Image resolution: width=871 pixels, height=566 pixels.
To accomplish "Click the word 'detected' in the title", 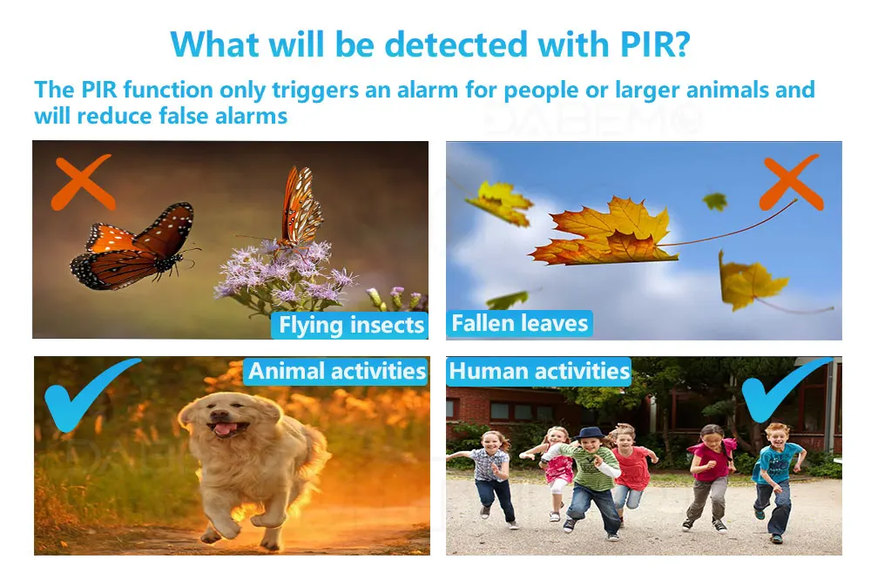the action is (456, 44).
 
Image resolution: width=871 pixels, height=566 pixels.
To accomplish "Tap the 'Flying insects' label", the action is (350, 325).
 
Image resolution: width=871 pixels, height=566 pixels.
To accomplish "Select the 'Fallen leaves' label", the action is (519, 324).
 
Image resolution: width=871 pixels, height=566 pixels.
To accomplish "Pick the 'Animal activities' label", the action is (336, 371).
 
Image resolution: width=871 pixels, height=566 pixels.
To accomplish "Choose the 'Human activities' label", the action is (538, 371).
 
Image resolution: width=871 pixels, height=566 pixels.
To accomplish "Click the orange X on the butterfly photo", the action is (83, 183).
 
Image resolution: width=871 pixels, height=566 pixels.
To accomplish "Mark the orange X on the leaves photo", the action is (791, 183).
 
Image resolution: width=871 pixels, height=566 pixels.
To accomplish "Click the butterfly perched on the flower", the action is (300, 208).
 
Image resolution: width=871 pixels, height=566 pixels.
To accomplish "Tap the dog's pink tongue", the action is (225, 428).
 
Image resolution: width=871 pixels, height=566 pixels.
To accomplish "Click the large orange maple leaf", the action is (603, 233).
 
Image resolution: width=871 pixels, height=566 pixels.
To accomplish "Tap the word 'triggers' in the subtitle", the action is (315, 91).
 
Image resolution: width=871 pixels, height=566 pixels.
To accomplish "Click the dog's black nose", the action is (220, 416).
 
